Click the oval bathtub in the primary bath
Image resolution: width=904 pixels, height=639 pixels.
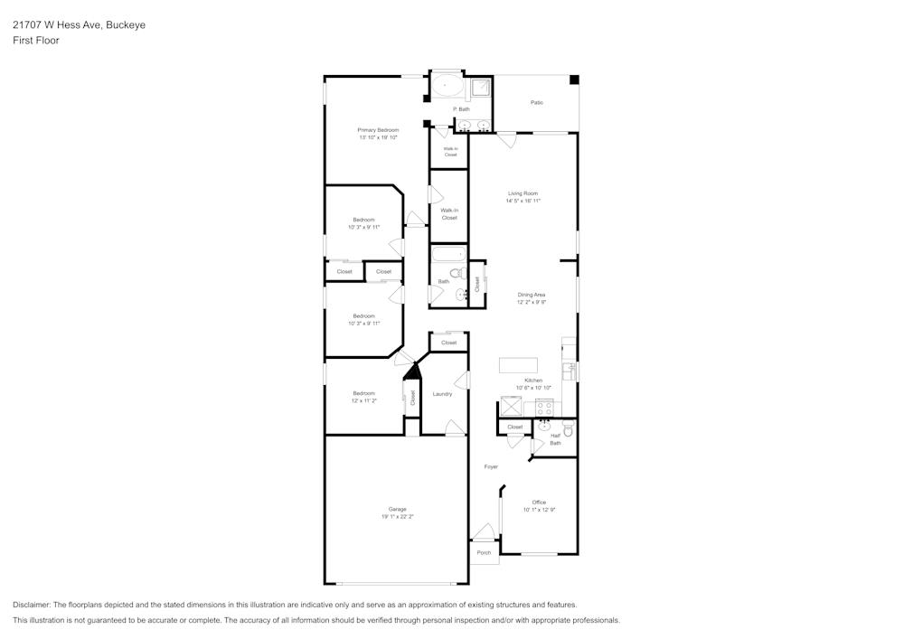(445, 87)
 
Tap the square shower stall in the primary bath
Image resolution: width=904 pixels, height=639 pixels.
(481, 87)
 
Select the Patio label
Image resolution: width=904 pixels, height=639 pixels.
(537, 102)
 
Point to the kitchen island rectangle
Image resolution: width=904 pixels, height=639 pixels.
(519, 365)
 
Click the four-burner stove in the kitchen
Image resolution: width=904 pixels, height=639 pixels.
(545, 408)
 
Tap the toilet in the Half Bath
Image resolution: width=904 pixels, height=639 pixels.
(568, 429)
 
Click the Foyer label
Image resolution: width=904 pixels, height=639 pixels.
(491, 466)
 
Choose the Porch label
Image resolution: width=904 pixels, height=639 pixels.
(484, 552)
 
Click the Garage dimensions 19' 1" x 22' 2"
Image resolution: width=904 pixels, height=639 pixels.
(398, 517)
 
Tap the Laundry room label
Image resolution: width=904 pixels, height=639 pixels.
(442, 394)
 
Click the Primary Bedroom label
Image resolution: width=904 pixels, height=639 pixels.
(378, 130)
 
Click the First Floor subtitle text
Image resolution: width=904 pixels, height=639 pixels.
(36, 41)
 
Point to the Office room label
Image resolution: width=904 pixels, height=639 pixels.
(539, 503)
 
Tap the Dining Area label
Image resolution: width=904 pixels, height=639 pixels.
(532, 295)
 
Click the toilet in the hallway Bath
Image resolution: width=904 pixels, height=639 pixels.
(456, 272)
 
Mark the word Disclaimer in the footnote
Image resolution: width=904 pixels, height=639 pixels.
(32, 605)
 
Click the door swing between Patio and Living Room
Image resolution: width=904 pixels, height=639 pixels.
(507, 140)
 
